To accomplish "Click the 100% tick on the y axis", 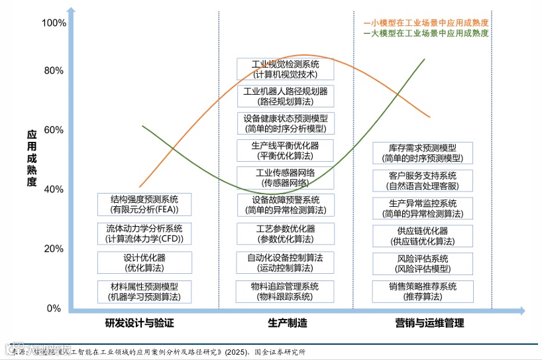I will click(x=54, y=23).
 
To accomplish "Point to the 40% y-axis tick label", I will click(x=54, y=190).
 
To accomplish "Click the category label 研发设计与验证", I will click(x=144, y=324).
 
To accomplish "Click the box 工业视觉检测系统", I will click(x=285, y=70).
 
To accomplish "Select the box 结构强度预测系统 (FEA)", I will click(x=144, y=204).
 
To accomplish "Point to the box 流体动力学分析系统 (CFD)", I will click(x=144, y=233).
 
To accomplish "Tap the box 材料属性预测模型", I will click(x=144, y=292).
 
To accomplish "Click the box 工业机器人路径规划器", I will click(x=285, y=97).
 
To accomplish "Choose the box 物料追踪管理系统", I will click(x=285, y=292).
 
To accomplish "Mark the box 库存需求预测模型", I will click(x=422, y=153).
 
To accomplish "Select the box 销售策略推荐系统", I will click(x=422, y=292).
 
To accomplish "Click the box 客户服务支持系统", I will click(x=422, y=180).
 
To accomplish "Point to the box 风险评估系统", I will click(x=422, y=264).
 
